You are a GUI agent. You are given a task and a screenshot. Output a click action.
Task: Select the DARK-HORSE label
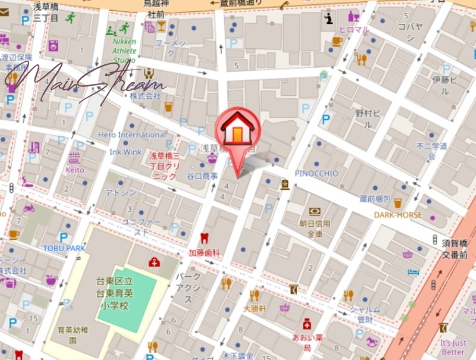398,215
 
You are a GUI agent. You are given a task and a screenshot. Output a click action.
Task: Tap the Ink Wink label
126,152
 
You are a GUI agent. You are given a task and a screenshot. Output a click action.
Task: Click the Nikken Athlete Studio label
124,51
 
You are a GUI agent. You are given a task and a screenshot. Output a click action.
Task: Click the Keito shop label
74,170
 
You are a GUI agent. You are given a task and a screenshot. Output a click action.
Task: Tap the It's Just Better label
453,348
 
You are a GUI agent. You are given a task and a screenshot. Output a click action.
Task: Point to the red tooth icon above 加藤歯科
204,238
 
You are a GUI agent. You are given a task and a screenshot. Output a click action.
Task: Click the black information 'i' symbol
328,19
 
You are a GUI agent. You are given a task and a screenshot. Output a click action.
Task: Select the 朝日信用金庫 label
315,228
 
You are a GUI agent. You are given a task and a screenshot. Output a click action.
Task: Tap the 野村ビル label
364,118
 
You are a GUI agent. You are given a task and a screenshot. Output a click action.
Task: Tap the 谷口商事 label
202,176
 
